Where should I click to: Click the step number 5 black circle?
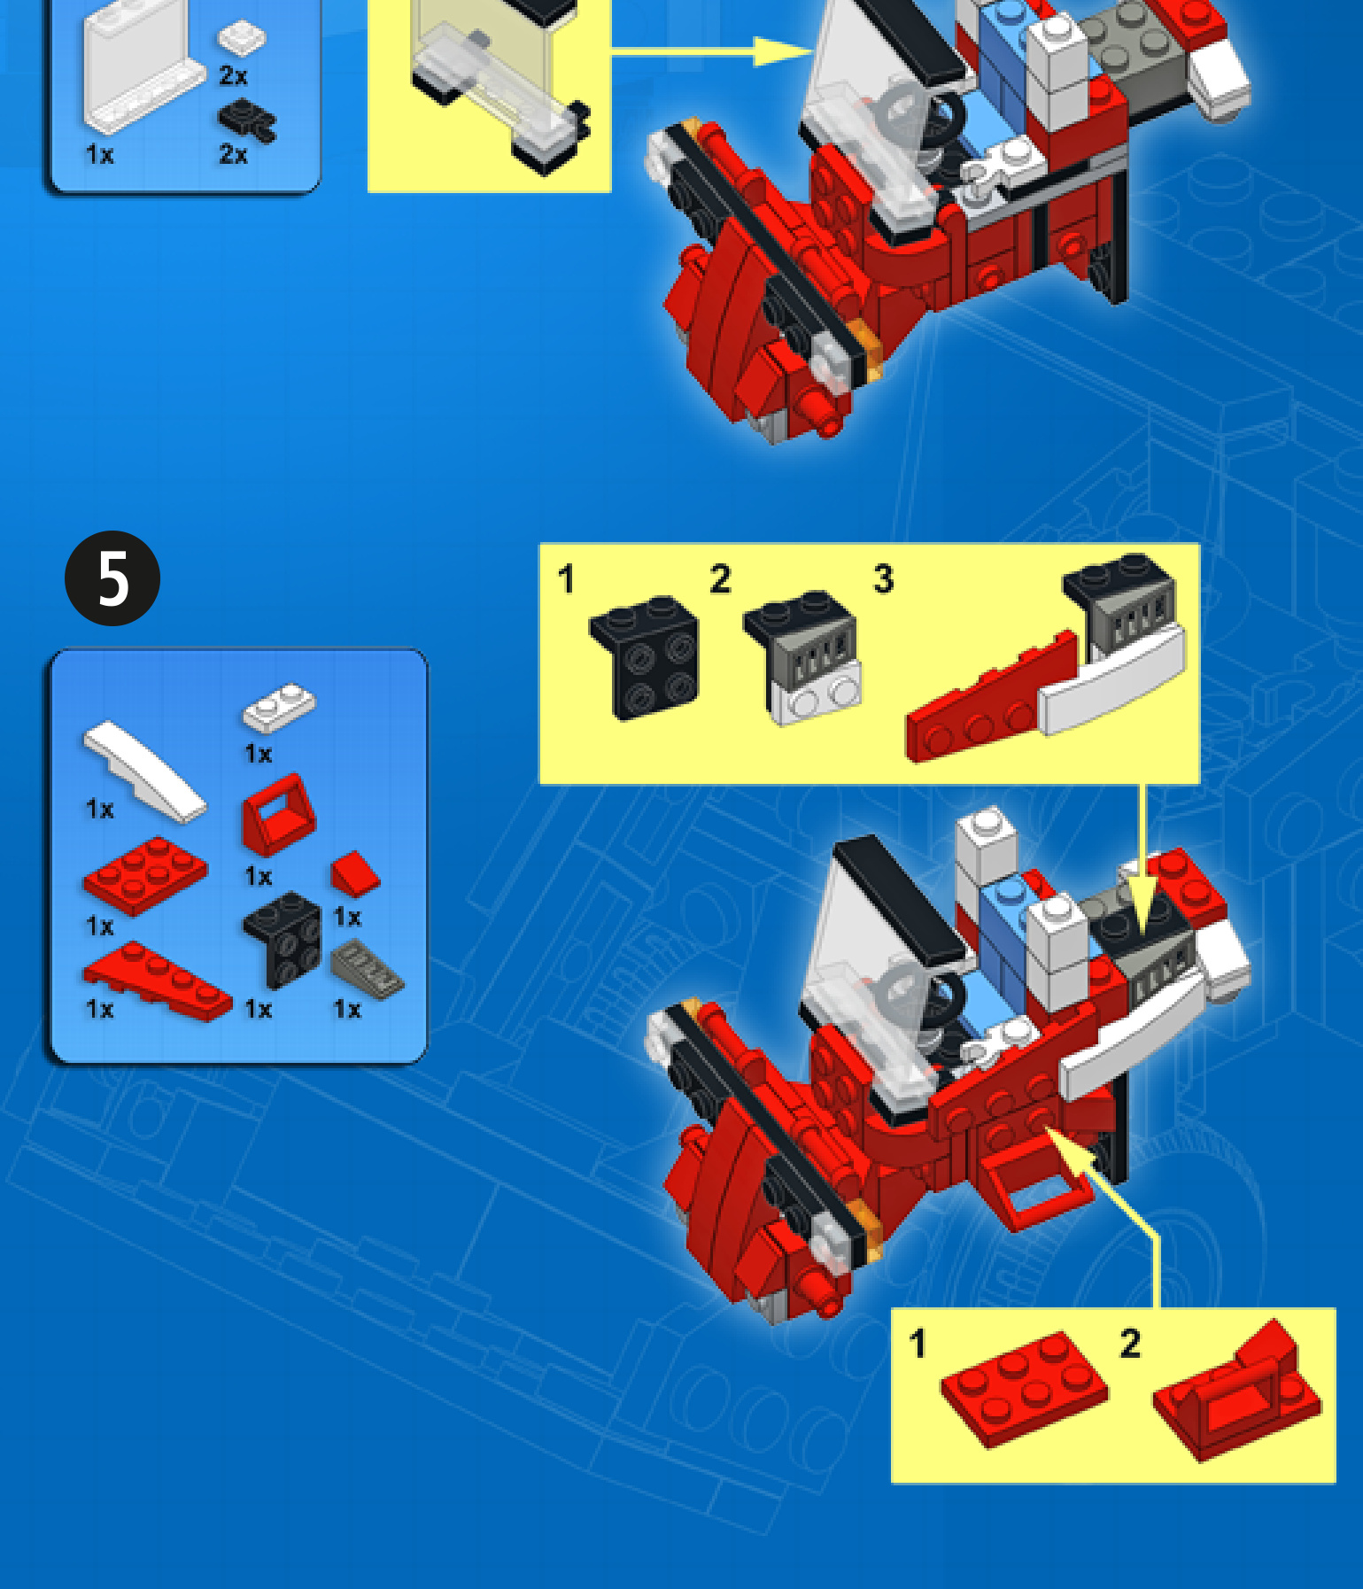click(112, 578)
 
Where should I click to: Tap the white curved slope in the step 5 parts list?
click(144, 771)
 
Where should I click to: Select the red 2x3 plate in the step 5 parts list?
click(145, 875)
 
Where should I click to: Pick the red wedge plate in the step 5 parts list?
click(157, 981)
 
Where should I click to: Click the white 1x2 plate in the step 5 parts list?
click(279, 707)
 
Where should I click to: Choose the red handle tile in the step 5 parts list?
click(278, 814)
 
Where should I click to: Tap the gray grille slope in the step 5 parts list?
click(368, 971)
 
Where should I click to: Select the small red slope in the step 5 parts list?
click(355, 874)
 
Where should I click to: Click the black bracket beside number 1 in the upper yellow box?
click(644, 656)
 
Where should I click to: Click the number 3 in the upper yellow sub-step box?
click(884, 579)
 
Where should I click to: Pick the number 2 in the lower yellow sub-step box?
click(1130, 1344)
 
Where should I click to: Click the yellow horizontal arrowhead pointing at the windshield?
click(783, 51)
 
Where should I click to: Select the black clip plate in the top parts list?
click(247, 121)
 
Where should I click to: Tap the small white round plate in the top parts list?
click(242, 38)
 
